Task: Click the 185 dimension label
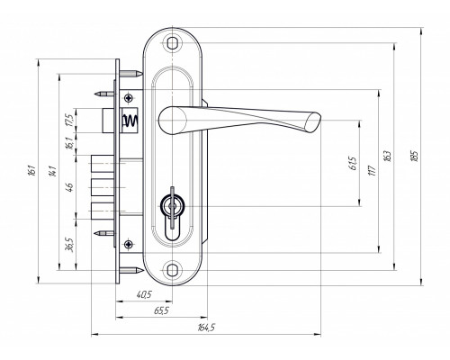(x=415, y=156)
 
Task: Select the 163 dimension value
(x=388, y=156)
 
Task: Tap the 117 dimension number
(x=373, y=170)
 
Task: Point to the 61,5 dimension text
(x=354, y=164)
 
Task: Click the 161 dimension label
(x=32, y=170)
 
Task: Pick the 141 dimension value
(x=53, y=170)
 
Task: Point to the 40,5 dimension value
(x=144, y=295)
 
